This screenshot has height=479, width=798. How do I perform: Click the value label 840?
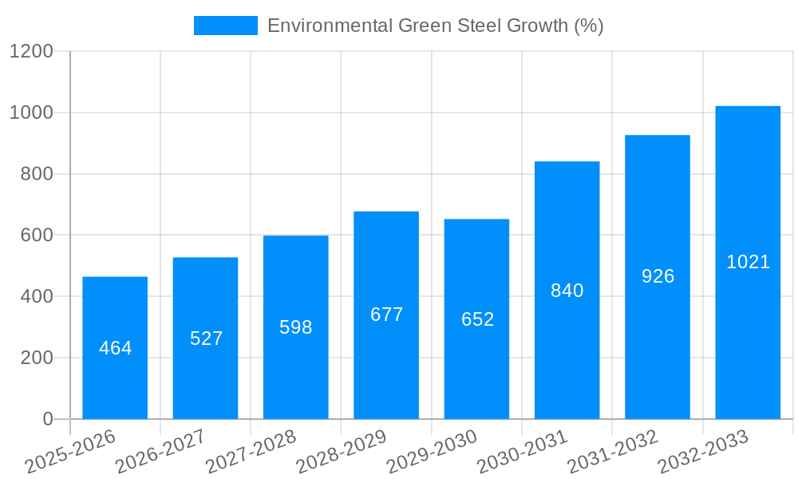(567, 291)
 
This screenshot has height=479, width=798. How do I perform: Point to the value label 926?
(658, 276)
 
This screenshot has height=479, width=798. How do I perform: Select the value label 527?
(206, 338)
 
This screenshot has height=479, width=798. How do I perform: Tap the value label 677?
(386, 315)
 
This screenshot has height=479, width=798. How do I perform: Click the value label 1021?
(748, 262)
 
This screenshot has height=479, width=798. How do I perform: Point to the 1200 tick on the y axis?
(31, 52)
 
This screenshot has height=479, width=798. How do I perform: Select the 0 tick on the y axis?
(47, 419)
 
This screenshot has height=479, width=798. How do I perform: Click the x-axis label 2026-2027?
(160, 452)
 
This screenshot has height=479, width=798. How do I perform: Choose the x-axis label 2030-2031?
(522, 452)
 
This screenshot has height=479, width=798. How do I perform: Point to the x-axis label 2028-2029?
(341, 452)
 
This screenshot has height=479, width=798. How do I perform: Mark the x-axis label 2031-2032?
(612, 452)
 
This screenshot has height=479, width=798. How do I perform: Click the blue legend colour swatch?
(226, 26)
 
